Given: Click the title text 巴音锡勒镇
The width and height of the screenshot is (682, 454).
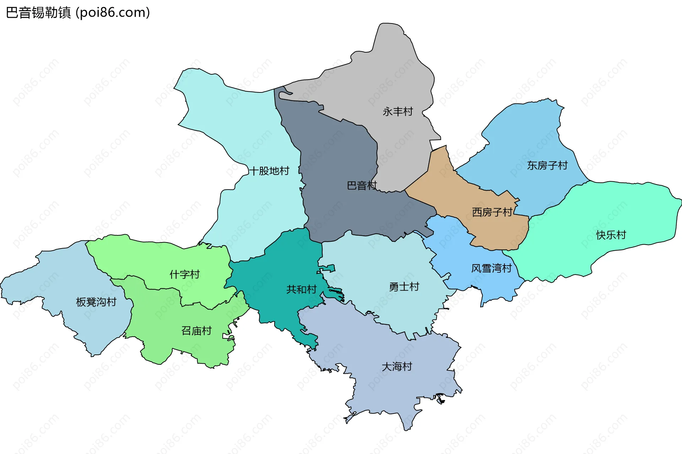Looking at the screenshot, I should [x=38, y=13].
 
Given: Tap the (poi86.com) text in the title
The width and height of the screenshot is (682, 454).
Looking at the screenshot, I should [x=113, y=13].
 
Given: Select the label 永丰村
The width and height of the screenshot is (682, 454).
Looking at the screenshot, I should [x=397, y=112].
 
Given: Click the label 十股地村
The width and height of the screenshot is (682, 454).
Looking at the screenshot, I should [x=269, y=171].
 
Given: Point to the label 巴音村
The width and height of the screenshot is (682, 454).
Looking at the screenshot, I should [x=361, y=186].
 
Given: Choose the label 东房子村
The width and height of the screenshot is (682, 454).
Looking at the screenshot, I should [x=547, y=165].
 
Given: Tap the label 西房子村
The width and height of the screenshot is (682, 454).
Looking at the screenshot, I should [x=492, y=212].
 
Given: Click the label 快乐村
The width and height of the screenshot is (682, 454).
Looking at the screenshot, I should [x=611, y=235].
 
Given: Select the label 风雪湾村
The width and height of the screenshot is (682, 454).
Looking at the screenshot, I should [x=491, y=268].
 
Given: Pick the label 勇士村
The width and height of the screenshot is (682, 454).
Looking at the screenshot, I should [x=404, y=287].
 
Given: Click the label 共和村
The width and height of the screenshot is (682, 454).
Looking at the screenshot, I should [x=301, y=289].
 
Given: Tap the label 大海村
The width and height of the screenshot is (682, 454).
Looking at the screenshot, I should [x=397, y=367].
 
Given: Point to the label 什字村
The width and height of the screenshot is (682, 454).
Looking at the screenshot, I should [x=184, y=274].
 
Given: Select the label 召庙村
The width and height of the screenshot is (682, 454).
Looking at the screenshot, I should [x=196, y=331].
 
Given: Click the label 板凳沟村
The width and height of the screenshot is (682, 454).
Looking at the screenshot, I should [x=96, y=302].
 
